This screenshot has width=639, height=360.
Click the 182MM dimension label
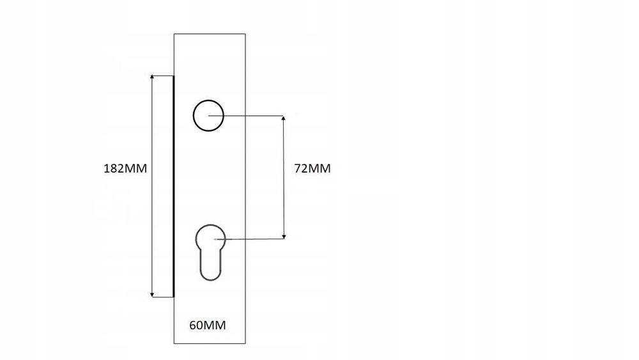[x=125, y=168]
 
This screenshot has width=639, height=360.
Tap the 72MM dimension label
[x=312, y=168]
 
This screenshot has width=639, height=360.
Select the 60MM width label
[x=208, y=325]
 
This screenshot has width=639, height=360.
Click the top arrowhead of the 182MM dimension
[x=153, y=77]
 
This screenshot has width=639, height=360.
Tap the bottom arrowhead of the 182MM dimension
[x=153, y=295]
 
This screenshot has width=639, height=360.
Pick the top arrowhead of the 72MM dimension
[x=284, y=118]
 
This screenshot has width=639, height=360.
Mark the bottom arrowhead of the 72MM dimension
[x=284, y=237]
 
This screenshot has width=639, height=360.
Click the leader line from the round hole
[x=246, y=116]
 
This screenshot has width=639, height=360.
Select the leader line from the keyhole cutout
[x=249, y=239]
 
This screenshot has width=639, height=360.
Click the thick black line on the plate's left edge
[x=174, y=186]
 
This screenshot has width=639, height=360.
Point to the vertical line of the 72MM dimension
[x=284, y=177]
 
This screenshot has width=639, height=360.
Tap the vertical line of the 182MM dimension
[x=153, y=186]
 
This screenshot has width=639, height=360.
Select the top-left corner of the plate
[x=174, y=34]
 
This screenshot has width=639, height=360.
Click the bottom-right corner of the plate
[x=245, y=343]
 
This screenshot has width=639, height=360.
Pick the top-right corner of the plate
[x=245, y=34]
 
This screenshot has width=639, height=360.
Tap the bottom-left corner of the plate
[x=174, y=343]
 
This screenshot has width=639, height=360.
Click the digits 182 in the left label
[x=113, y=168]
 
